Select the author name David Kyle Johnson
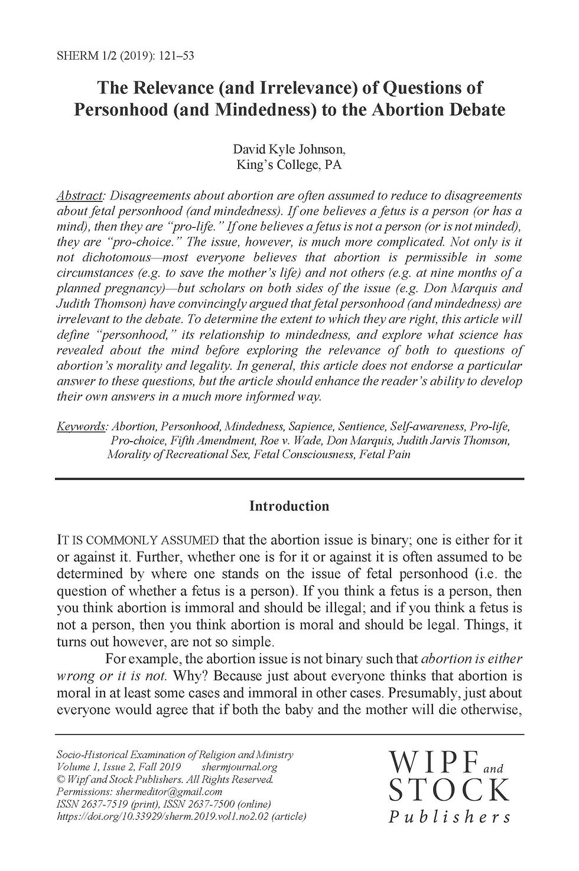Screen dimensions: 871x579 tap(289, 149)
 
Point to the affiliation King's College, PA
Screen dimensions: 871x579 tap(289, 165)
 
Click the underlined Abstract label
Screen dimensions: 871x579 tap(80, 195)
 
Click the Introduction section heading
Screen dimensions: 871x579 tap(289, 506)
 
